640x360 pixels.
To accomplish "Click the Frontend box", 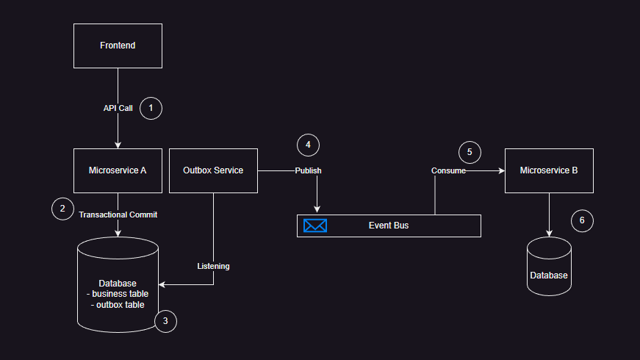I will (118, 46).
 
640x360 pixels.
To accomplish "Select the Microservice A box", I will (118, 170).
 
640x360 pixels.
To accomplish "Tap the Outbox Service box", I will (213, 170).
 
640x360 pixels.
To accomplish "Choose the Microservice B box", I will (549, 170).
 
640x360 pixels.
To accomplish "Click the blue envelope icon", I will (315, 226).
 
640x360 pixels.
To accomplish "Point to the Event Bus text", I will (389, 226).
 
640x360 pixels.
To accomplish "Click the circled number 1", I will (151, 108).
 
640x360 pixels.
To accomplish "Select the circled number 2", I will (62, 208).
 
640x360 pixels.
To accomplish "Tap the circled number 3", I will (165, 321).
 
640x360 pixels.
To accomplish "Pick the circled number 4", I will (308, 145).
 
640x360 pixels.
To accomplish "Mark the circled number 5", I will (470, 152).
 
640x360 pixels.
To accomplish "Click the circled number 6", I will (582, 220).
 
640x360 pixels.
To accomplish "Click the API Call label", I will (118, 108).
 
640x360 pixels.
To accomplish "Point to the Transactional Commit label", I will (118, 215).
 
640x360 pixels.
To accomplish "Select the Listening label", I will (213, 266).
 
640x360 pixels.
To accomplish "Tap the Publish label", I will (308, 170).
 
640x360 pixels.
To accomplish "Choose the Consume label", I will (448, 170).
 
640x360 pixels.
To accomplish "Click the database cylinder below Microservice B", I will (549, 267).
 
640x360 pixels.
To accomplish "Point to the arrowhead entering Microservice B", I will (501, 170).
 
